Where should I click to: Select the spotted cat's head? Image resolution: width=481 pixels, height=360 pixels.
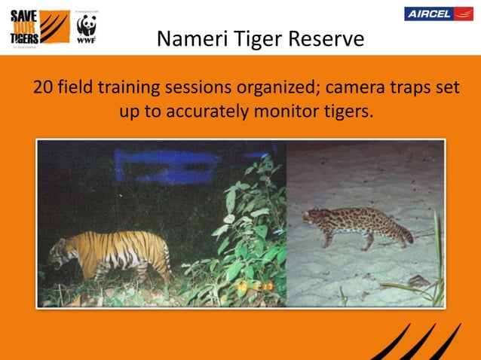tap(312, 217)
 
